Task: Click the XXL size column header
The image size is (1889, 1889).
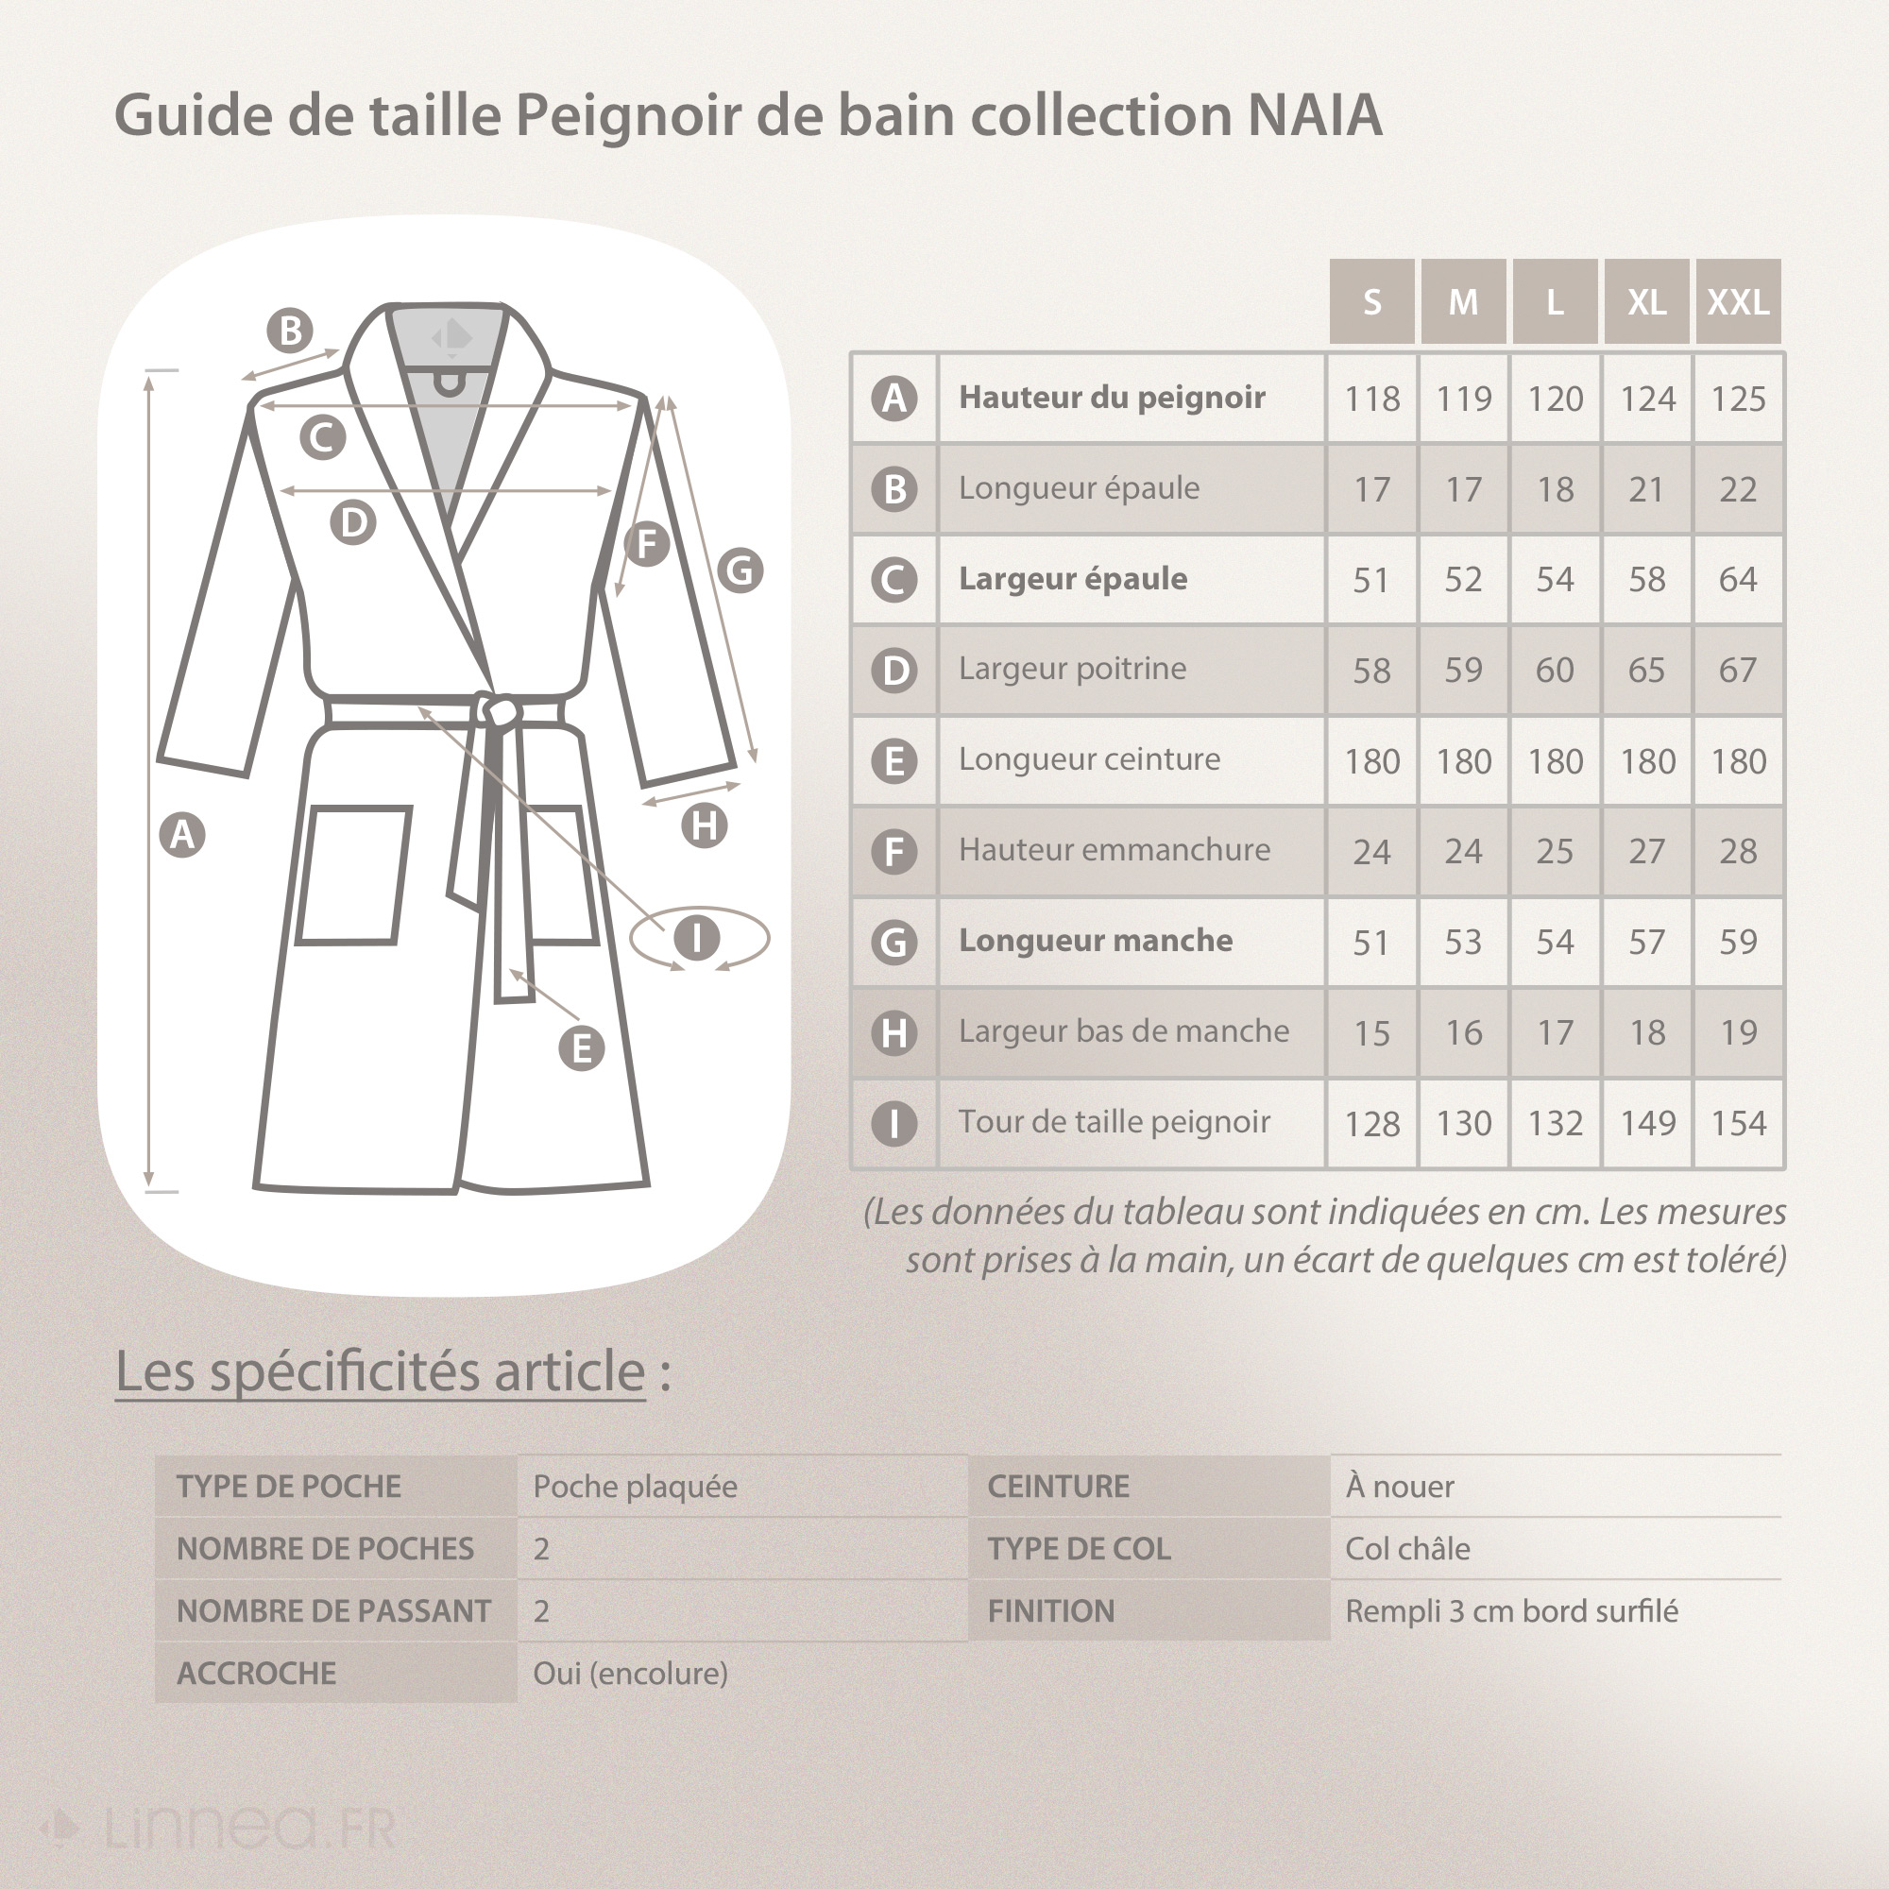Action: (x=1738, y=301)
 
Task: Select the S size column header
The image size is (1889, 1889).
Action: (x=1371, y=301)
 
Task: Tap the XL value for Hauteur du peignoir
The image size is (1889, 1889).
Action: (x=1646, y=398)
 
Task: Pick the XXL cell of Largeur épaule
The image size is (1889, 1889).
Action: (x=1738, y=579)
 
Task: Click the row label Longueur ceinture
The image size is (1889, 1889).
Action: (x=1089, y=758)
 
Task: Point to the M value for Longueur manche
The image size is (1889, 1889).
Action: (x=1463, y=942)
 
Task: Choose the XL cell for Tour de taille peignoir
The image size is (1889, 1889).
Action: (x=1646, y=1122)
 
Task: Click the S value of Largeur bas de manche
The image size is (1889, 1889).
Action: (x=1371, y=1032)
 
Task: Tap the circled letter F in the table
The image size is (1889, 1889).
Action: (x=893, y=851)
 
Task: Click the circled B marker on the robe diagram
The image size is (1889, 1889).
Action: (x=290, y=331)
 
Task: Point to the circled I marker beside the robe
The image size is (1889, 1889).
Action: (x=696, y=938)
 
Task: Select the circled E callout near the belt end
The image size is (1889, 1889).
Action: (x=581, y=1048)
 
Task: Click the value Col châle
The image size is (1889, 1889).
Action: (x=1407, y=1549)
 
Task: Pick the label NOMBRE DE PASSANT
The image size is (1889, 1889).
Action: (x=333, y=1611)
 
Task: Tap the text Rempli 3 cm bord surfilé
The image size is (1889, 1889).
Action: (x=1510, y=1611)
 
